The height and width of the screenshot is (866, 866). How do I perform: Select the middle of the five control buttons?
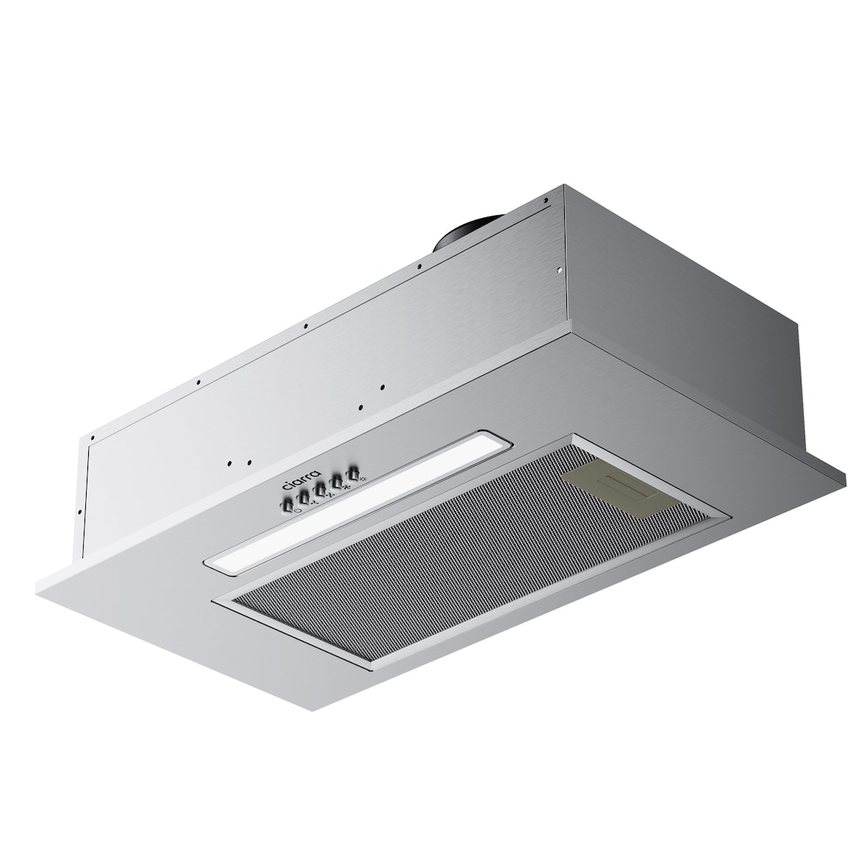(320, 490)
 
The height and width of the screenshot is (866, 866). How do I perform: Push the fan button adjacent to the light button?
(336, 481)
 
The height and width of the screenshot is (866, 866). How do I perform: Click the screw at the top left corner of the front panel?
(93, 440)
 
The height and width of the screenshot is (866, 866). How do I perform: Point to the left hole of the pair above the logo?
(230, 463)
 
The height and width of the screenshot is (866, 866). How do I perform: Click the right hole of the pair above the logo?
(249, 462)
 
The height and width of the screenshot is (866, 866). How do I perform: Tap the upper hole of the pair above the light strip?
(383, 387)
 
